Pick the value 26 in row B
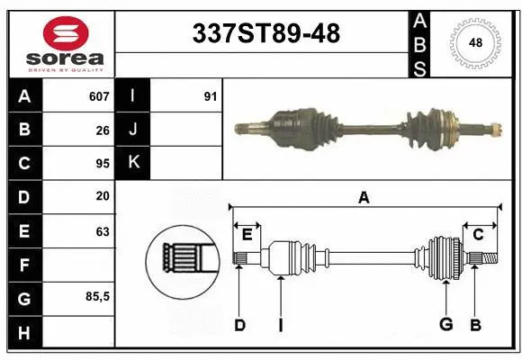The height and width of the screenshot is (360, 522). pyautogui.click(x=103, y=130)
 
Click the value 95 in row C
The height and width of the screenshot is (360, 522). pyautogui.click(x=103, y=164)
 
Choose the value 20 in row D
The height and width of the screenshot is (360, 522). pyautogui.click(x=103, y=197)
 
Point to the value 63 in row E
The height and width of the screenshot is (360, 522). pyautogui.click(x=103, y=231)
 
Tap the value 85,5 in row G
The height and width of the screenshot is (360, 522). pyautogui.click(x=97, y=298)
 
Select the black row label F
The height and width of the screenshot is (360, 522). pyautogui.click(x=24, y=265)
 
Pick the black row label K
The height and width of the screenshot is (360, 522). pyautogui.click(x=133, y=164)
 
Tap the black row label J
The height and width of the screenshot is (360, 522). pyautogui.click(x=133, y=130)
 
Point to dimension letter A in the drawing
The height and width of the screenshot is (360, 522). pyautogui.click(x=364, y=198)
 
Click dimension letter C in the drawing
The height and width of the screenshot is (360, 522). pyautogui.click(x=478, y=235)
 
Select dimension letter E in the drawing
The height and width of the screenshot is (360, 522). pyautogui.click(x=247, y=235)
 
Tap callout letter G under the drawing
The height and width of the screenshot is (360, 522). pyautogui.click(x=445, y=325)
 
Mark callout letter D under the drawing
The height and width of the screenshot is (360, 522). pyautogui.click(x=239, y=325)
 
